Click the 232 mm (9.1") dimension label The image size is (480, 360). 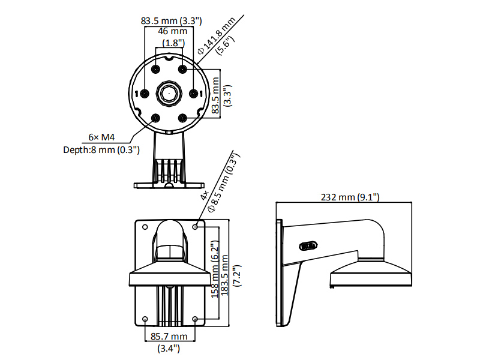coord(350,197)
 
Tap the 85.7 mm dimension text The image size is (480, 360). coord(169,337)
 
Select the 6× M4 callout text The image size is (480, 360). coord(101,137)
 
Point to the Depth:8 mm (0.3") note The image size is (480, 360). coord(101,149)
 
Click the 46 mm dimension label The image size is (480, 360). coord(173,31)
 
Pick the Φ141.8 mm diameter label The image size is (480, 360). coord(216,36)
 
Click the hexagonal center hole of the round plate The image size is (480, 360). coord(169,94)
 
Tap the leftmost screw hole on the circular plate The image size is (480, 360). coord(145,94)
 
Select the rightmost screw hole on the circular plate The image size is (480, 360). coord(193,94)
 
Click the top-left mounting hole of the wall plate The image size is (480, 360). coord(145,227)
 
